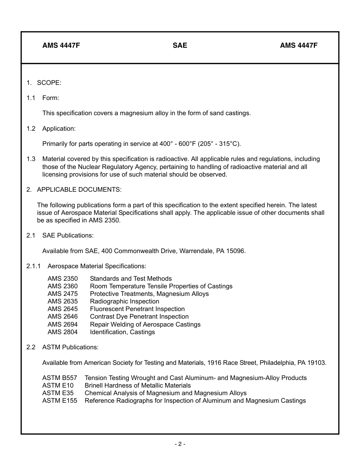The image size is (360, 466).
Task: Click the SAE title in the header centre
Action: [180, 45]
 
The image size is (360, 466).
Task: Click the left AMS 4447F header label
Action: [61, 45]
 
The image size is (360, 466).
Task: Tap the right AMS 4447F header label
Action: [299, 45]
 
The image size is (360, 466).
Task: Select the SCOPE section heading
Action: [49, 83]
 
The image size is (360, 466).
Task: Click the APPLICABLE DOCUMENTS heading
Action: [79, 189]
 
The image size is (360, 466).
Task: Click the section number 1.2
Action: [31, 128]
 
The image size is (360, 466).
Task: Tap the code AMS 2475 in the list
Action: [63, 294]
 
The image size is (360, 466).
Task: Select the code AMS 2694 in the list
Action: [63, 324]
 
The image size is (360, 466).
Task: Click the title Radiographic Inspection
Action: [124, 301]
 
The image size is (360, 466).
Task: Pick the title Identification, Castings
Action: [122, 332]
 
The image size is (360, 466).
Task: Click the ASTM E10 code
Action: [58, 385]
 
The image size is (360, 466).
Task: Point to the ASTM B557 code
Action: [59, 378]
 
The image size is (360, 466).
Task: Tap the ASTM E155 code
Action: [59, 400]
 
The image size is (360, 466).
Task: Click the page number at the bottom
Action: [180, 444]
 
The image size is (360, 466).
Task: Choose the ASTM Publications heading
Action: [70, 347]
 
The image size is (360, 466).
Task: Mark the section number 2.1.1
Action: [34, 266]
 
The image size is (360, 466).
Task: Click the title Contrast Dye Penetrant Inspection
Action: [139, 316]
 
